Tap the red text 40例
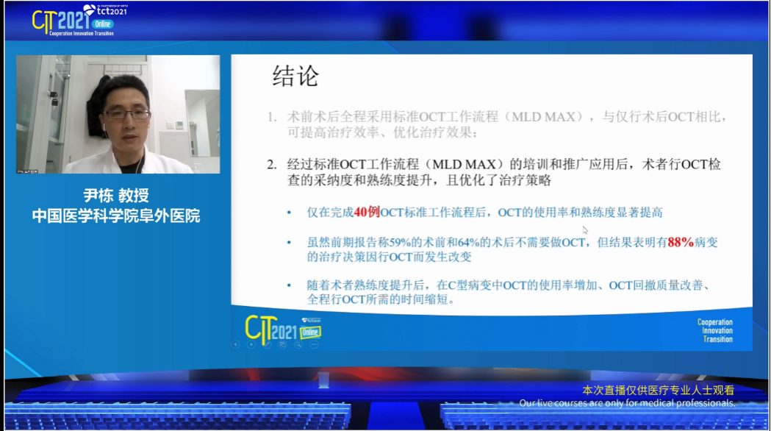pos(366,213)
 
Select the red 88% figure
pos(681,242)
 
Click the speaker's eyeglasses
pos(126,114)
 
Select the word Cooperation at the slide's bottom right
pos(714,322)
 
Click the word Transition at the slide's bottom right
pos(717,339)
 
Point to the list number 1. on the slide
pos(272,117)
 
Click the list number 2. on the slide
pos(272,164)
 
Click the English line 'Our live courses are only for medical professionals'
pos(627,403)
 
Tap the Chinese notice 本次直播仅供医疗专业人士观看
pos(658,391)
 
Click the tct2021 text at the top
pos(109,10)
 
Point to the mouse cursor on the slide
pos(585,230)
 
